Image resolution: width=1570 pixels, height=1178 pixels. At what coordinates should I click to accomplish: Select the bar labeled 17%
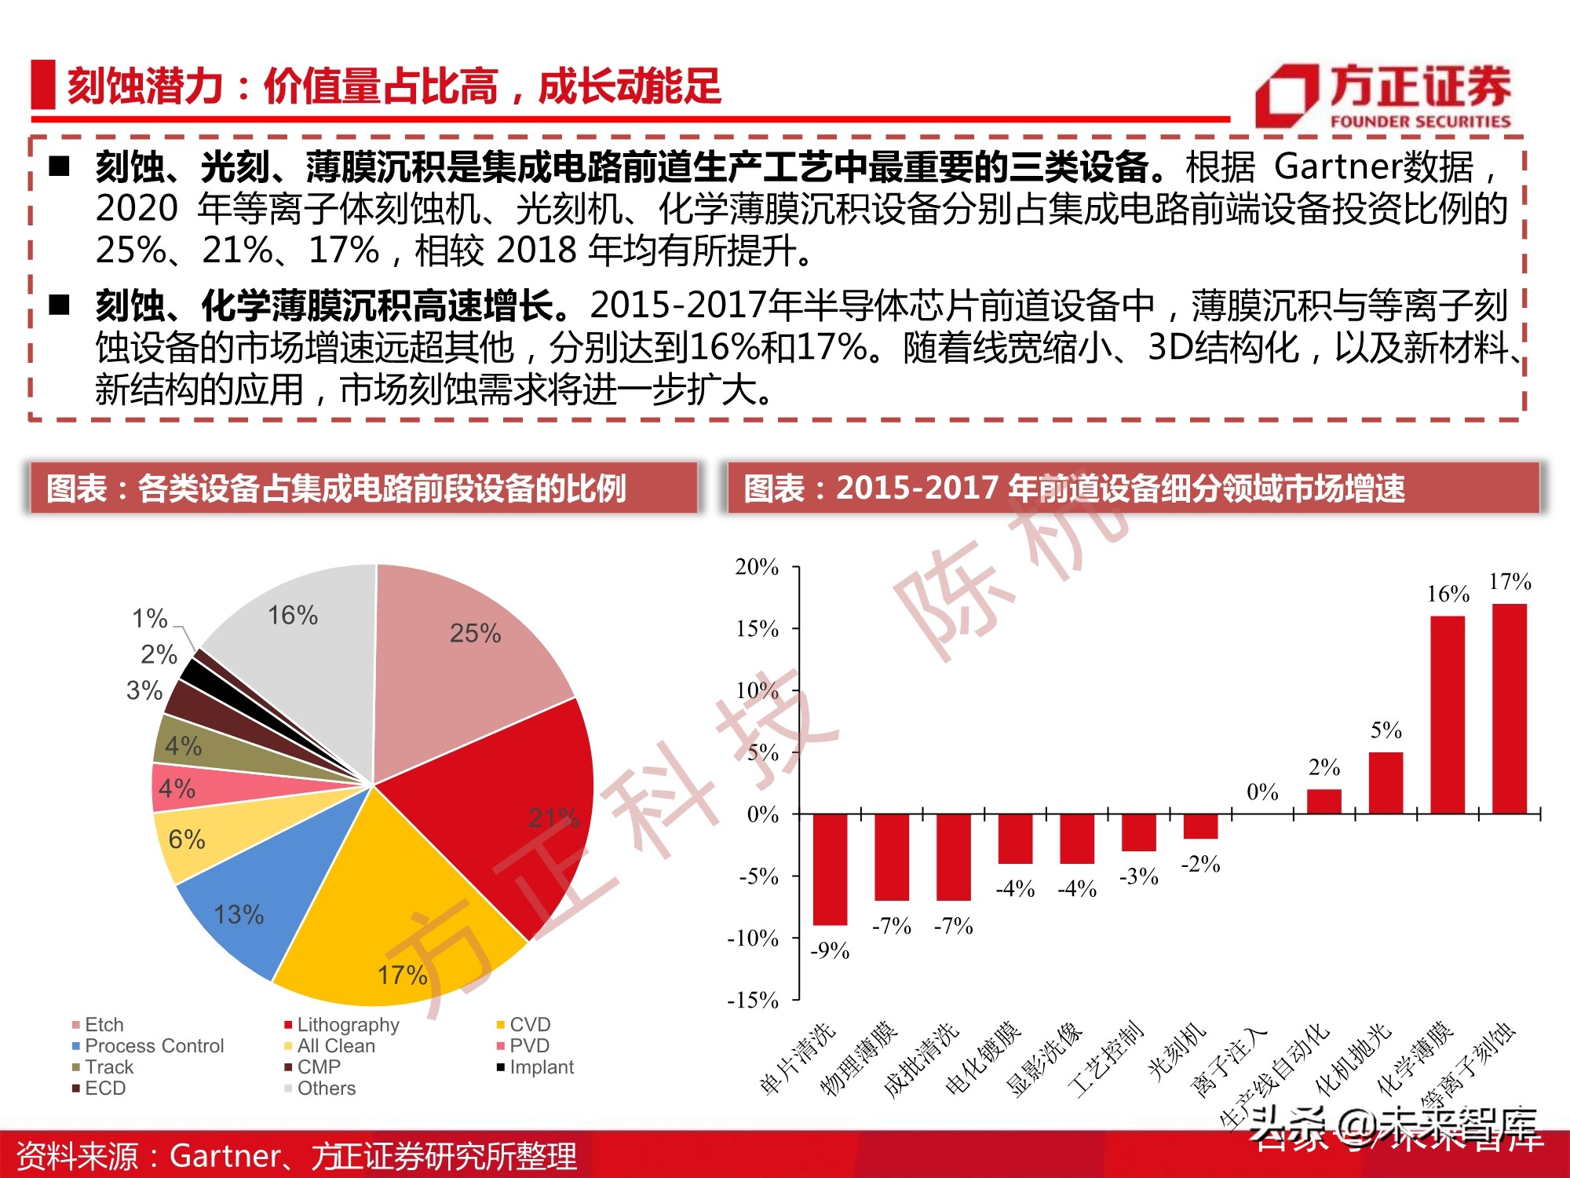(x=1509, y=707)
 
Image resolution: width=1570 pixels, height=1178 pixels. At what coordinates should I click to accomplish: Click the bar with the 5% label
(x=1386, y=782)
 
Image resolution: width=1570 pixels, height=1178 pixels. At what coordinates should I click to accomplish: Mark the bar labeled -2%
(x=1200, y=826)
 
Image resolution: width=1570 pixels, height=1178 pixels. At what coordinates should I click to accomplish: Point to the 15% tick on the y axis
(x=758, y=629)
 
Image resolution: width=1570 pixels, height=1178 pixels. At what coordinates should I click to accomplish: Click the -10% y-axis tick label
(x=753, y=938)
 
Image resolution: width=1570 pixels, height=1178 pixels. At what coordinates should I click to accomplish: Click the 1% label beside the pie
(x=149, y=619)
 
